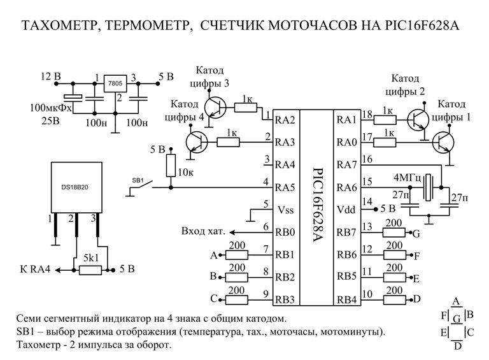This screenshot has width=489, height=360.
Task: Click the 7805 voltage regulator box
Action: click(115, 84)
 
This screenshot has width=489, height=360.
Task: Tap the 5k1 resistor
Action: click(91, 270)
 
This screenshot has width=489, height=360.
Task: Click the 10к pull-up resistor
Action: click(171, 166)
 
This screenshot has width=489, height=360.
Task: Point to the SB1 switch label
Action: click(138, 181)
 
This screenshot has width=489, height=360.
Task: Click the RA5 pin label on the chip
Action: click(284, 187)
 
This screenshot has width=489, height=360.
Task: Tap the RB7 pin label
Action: click(346, 232)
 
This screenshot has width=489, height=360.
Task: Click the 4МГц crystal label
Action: click(408, 176)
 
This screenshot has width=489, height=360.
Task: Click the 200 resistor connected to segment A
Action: click(237, 255)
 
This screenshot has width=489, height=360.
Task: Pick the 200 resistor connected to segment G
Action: click(394, 233)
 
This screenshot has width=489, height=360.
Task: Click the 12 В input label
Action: click(50, 77)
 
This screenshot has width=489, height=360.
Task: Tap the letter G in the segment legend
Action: click(456, 317)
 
